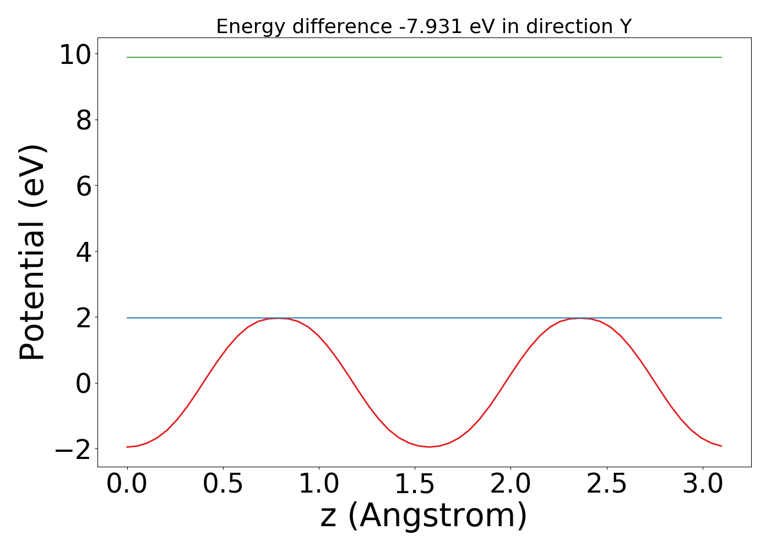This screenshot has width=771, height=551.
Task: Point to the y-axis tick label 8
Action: tap(84, 120)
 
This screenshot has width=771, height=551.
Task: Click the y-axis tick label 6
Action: tap(84, 186)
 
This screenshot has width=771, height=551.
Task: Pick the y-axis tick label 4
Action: tap(84, 252)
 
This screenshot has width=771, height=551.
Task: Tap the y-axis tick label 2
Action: tap(84, 317)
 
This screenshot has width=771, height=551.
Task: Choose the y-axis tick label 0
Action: tap(84, 383)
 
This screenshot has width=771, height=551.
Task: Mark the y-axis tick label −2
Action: tap(73, 450)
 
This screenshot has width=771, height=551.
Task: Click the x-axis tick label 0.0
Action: tap(127, 484)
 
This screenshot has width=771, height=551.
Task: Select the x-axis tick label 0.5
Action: tap(223, 484)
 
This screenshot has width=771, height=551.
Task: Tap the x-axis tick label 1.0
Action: tap(319, 484)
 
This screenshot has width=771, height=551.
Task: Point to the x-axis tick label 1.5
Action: tap(415, 484)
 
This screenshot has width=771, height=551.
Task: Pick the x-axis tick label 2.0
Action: tap(511, 484)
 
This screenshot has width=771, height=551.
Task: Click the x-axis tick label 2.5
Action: tap(606, 484)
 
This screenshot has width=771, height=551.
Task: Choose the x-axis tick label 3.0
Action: tap(702, 484)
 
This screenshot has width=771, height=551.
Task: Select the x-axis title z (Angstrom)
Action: tap(423, 516)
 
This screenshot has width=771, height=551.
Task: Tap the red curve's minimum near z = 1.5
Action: tap(430, 446)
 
